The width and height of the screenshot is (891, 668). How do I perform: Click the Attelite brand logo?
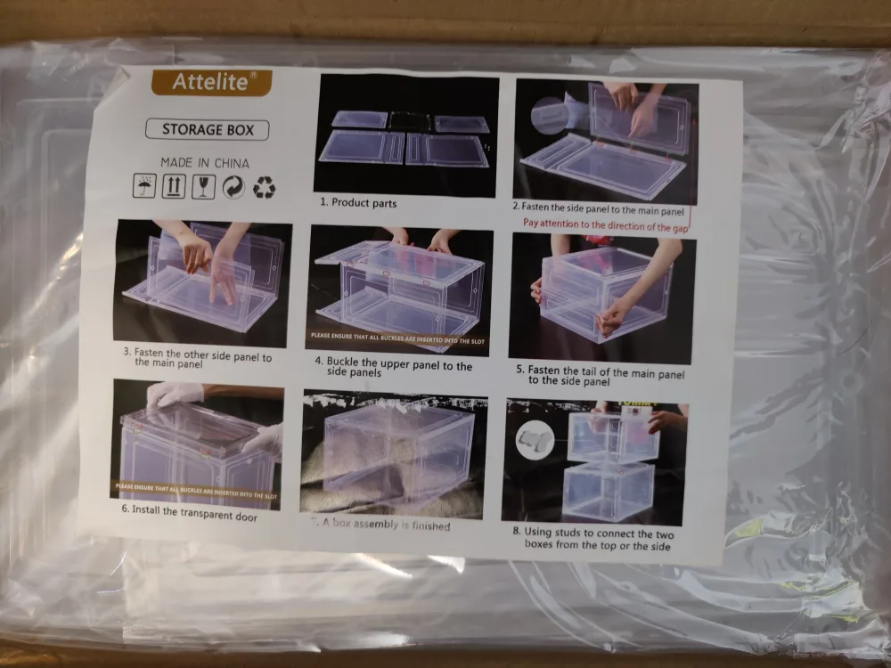click(209, 82)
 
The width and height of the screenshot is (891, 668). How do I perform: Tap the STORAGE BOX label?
click(207, 130)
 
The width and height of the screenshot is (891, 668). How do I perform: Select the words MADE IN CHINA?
click(205, 163)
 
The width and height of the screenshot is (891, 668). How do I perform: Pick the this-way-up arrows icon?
click(174, 187)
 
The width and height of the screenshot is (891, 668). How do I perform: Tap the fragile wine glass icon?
click(203, 187)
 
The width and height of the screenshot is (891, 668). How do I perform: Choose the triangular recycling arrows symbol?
click(264, 187)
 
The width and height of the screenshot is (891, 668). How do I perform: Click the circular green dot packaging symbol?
click(233, 187)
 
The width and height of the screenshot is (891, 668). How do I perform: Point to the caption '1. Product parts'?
click(358, 203)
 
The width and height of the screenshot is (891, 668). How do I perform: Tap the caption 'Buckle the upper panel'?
click(393, 368)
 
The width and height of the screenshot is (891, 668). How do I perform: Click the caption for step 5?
click(606, 374)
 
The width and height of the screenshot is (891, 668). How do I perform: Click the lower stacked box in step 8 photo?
click(608, 491)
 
